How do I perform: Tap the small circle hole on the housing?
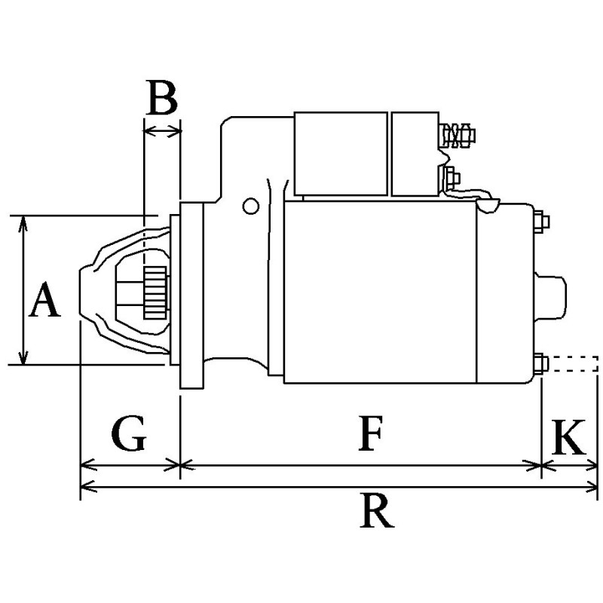click(249, 205)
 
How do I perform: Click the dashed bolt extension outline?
click(574, 364)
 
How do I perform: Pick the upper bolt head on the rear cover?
click(542, 222)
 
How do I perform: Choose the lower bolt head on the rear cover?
click(542, 364)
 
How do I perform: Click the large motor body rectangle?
click(380, 292)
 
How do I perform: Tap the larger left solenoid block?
click(341, 154)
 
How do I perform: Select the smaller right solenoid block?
click(415, 154)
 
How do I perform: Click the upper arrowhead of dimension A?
click(24, 222)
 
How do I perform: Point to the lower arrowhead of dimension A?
click(24, 358)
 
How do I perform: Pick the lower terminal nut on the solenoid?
click(451, 179)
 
